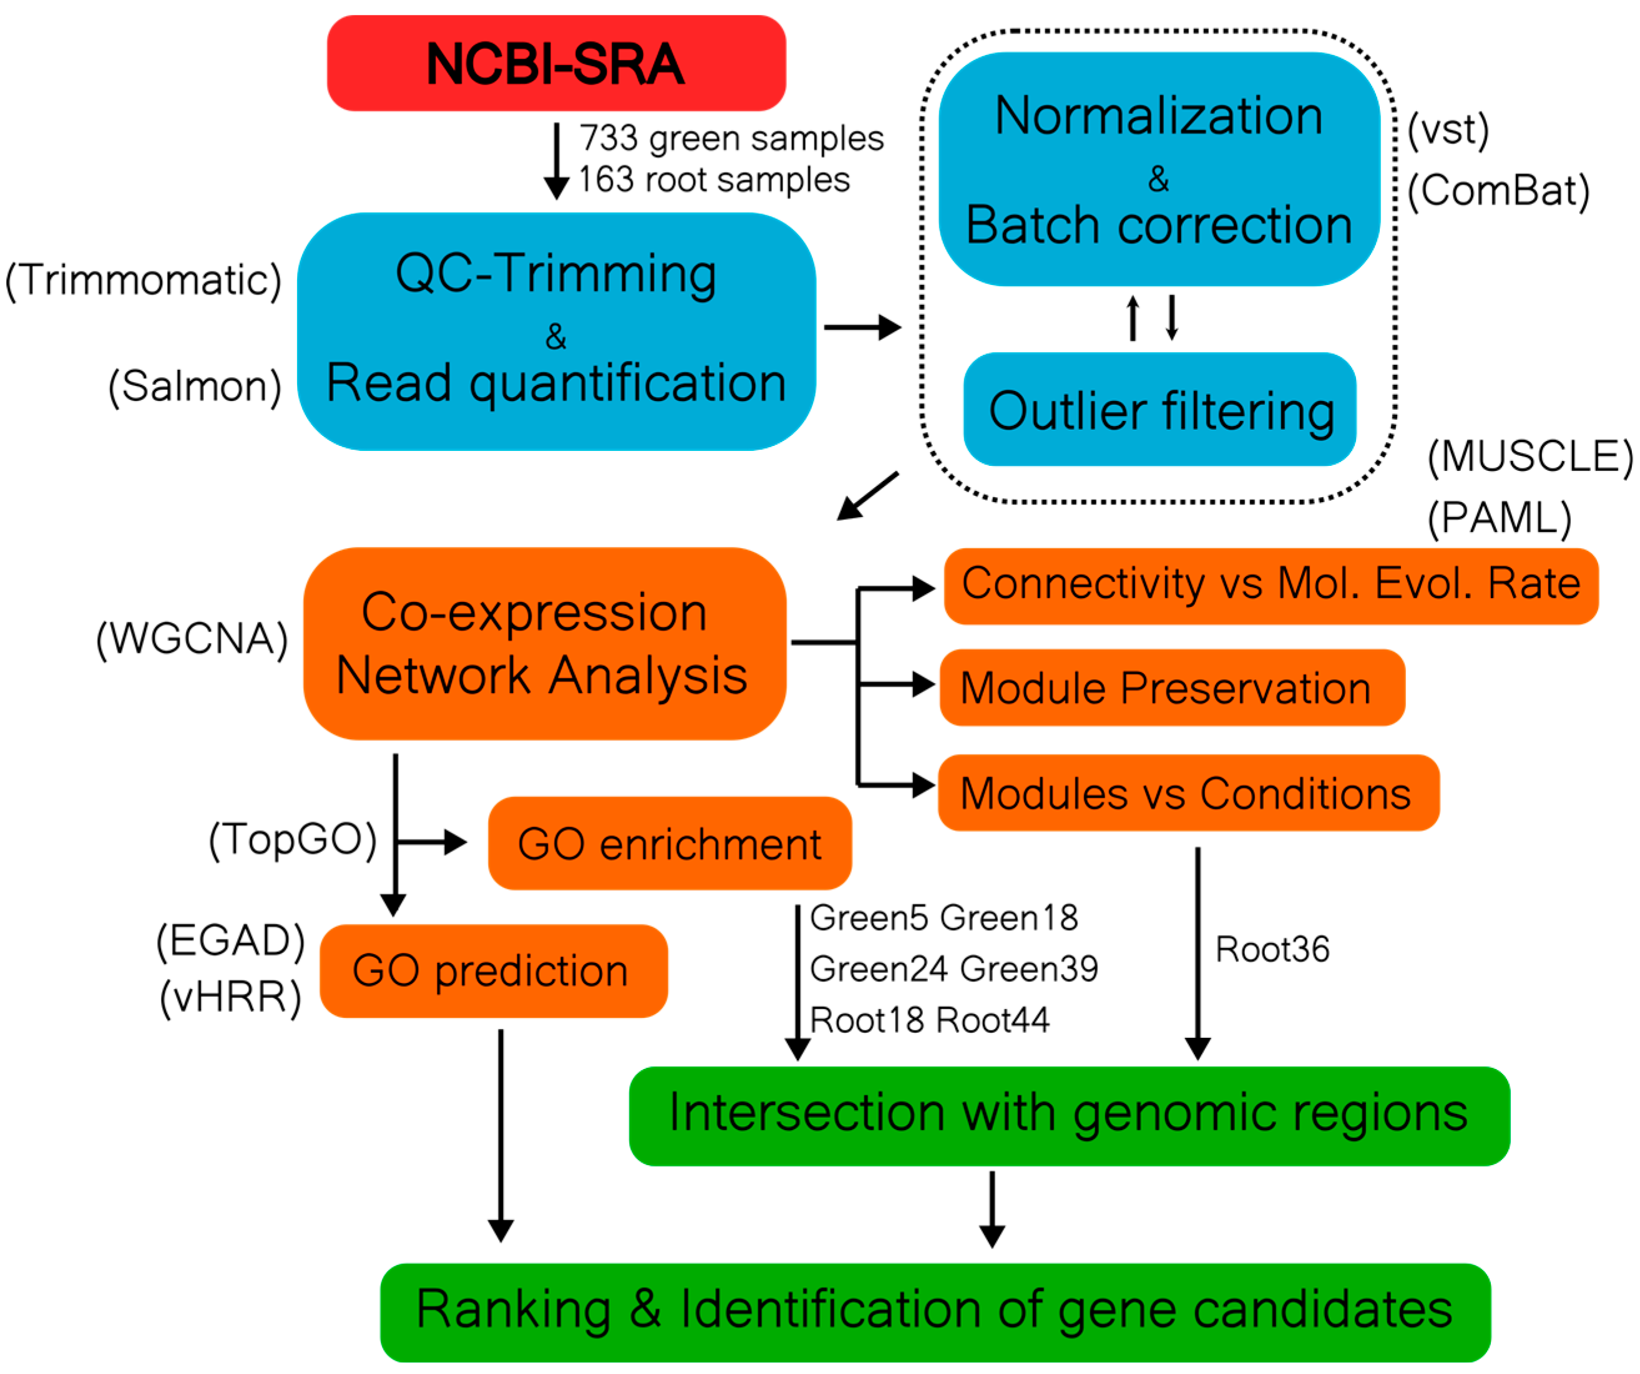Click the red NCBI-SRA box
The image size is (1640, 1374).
tap(556, 63)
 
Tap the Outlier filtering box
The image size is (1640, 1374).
tap(1159, 410)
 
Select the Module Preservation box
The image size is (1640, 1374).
tap(1171, 688)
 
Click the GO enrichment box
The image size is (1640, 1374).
tap(669, 844)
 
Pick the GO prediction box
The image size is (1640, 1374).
tap(494, 971)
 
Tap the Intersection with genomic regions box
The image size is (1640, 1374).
tap(1069, 1115)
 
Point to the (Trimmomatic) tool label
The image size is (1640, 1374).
tap(143, 279)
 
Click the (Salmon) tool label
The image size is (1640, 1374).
tap(195, 385)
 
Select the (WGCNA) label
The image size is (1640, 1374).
tap(192, 639)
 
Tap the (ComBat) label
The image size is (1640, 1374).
tap(1498, 190)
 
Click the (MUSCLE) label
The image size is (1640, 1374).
tap(1529, 456)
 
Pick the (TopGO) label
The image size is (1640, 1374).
tap(293, 840)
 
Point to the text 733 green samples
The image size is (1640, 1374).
tap(731, 138)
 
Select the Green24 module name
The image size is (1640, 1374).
tap(879, 969)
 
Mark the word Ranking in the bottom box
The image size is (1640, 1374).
tap(513, 1309)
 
